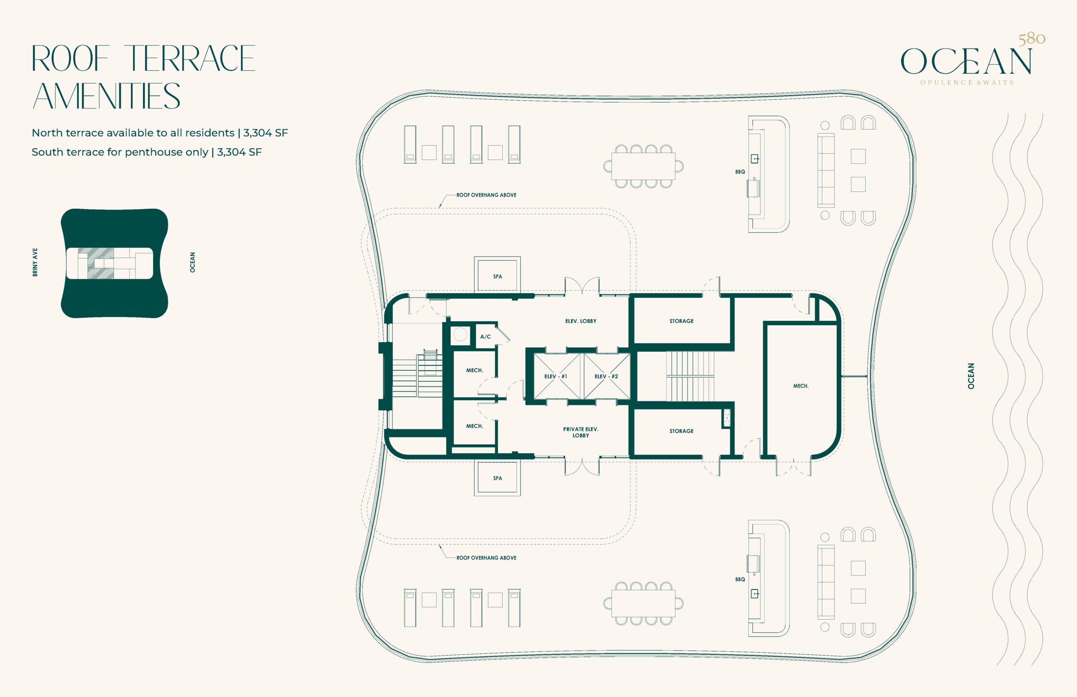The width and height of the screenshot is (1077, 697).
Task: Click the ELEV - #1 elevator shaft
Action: point(556,377)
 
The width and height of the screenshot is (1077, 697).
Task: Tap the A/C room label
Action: point(485,337)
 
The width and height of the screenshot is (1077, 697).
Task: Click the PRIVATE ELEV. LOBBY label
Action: point(581,432)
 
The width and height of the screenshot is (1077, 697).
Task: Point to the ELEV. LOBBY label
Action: point(581,321)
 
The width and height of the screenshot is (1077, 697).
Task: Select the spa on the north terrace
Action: point(498,276)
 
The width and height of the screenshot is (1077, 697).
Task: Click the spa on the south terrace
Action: point(498,478)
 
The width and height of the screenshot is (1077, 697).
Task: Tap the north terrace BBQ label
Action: point(740,172)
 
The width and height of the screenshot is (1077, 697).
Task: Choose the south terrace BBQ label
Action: point(740,579)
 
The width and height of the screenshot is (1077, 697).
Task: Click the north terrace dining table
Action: point(643,166)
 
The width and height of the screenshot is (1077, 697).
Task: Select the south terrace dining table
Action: point(643,603)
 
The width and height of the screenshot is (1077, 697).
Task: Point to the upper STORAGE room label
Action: point(682,321)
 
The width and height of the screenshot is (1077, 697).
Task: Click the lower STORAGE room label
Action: point(682,431)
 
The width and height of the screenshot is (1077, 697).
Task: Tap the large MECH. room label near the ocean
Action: point(801,386)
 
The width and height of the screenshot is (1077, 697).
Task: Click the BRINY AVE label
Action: point(35,262)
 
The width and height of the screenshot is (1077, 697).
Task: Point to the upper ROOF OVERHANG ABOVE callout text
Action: point(486,195)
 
